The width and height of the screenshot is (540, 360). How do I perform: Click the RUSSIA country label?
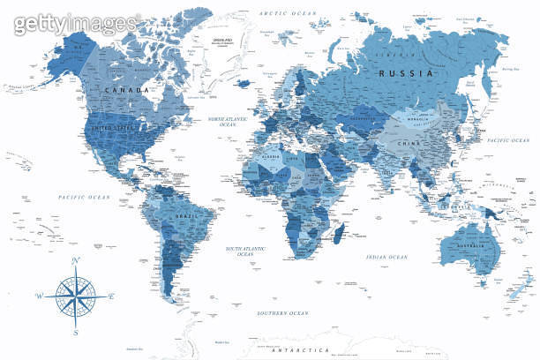[x=406, y=74]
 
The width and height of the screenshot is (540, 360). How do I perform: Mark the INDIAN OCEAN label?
[x=386, y=257]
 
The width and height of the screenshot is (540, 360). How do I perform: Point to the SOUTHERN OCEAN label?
[x=281, y=313]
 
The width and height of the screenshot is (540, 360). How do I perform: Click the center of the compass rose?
[x=74, y=296]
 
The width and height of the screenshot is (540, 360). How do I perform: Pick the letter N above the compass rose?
[x=75, y=259]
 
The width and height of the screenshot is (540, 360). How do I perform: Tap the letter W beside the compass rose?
[x=38, y=296]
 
